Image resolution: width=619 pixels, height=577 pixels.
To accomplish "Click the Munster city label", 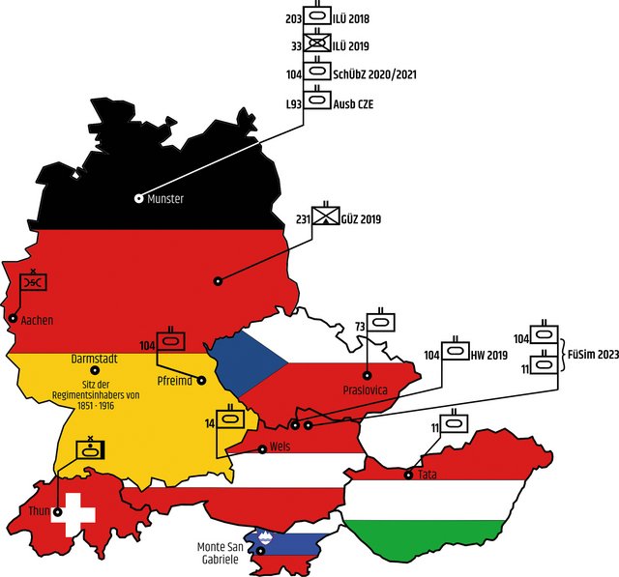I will [x=165, y=199].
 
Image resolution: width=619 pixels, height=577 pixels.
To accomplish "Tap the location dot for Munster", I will [x=139, y=198].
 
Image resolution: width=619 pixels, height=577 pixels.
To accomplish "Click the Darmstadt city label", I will [x=94, y=358].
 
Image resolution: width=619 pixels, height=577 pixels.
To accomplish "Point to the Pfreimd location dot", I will [x=202, y=380].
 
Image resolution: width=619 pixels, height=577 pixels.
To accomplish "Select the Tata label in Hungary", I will [x=427, y=475].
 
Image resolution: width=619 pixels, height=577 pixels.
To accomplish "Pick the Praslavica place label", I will [x=366, y=390].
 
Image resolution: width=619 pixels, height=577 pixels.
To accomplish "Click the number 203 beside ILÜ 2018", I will [x=294, y=18].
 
